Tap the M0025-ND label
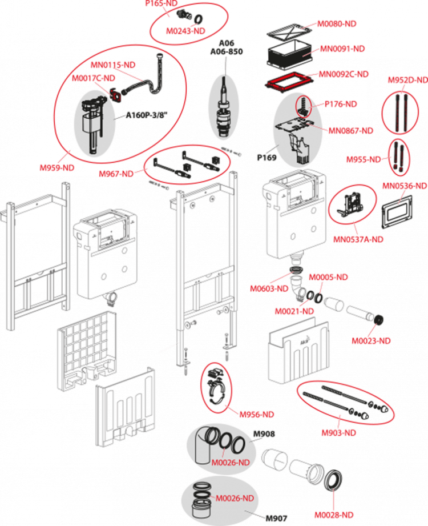coord(371,340)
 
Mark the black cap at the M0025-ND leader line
coord(379,318)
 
